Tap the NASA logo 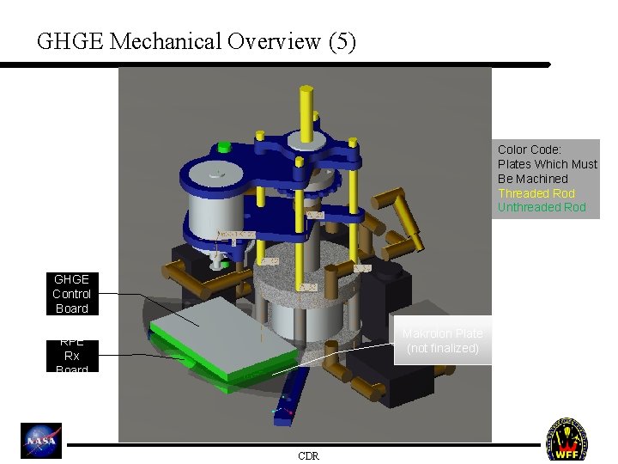pos(42,440)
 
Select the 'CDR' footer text pos(308,456)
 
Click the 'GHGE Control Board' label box pos(71,294)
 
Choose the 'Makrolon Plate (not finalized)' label pos(443,340)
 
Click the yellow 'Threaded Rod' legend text pos(536,193)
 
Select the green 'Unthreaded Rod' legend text pos(542,207)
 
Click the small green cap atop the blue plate pos(225,146)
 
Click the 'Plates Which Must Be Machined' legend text pos(547,171)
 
